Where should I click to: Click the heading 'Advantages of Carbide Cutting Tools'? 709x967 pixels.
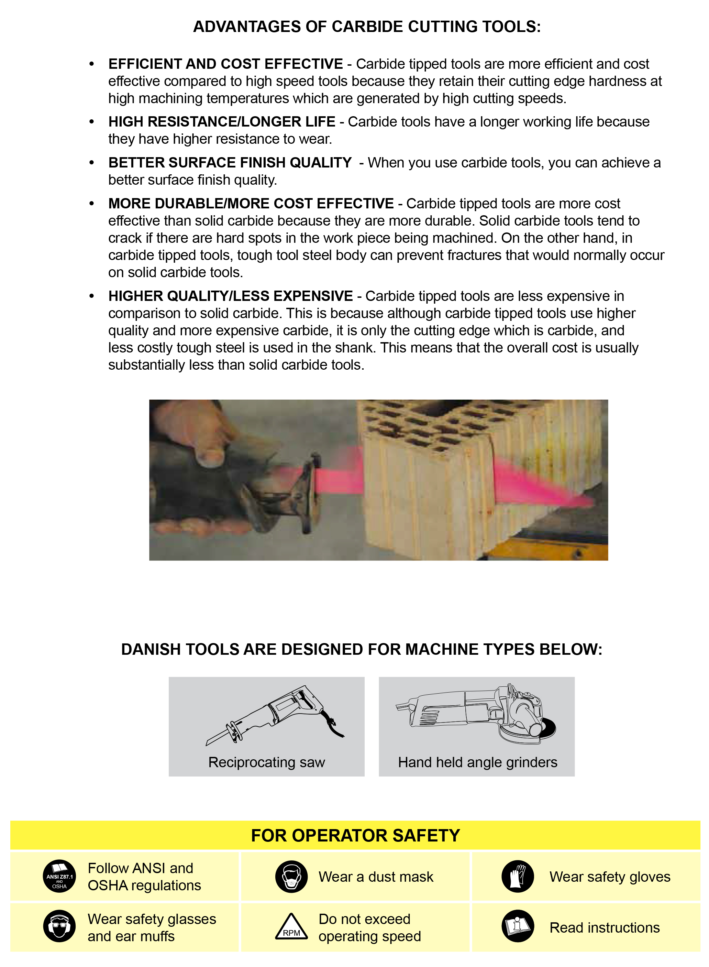[x=367, y=26]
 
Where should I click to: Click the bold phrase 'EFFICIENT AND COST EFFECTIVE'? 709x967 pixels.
[x=225, y=64]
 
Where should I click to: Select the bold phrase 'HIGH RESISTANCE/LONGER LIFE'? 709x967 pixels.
[x=221, y=122]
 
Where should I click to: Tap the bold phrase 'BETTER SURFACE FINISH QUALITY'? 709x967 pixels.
[x=230, y=163]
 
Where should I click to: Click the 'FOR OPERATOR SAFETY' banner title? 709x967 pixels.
[x=355, y=836]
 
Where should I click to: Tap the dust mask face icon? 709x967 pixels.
[x=291, y=877]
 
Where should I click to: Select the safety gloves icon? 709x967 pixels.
[x=518, y=877]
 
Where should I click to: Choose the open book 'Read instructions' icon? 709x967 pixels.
[x=518, y=926]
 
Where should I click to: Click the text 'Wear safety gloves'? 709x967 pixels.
[x=609, y=877]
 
